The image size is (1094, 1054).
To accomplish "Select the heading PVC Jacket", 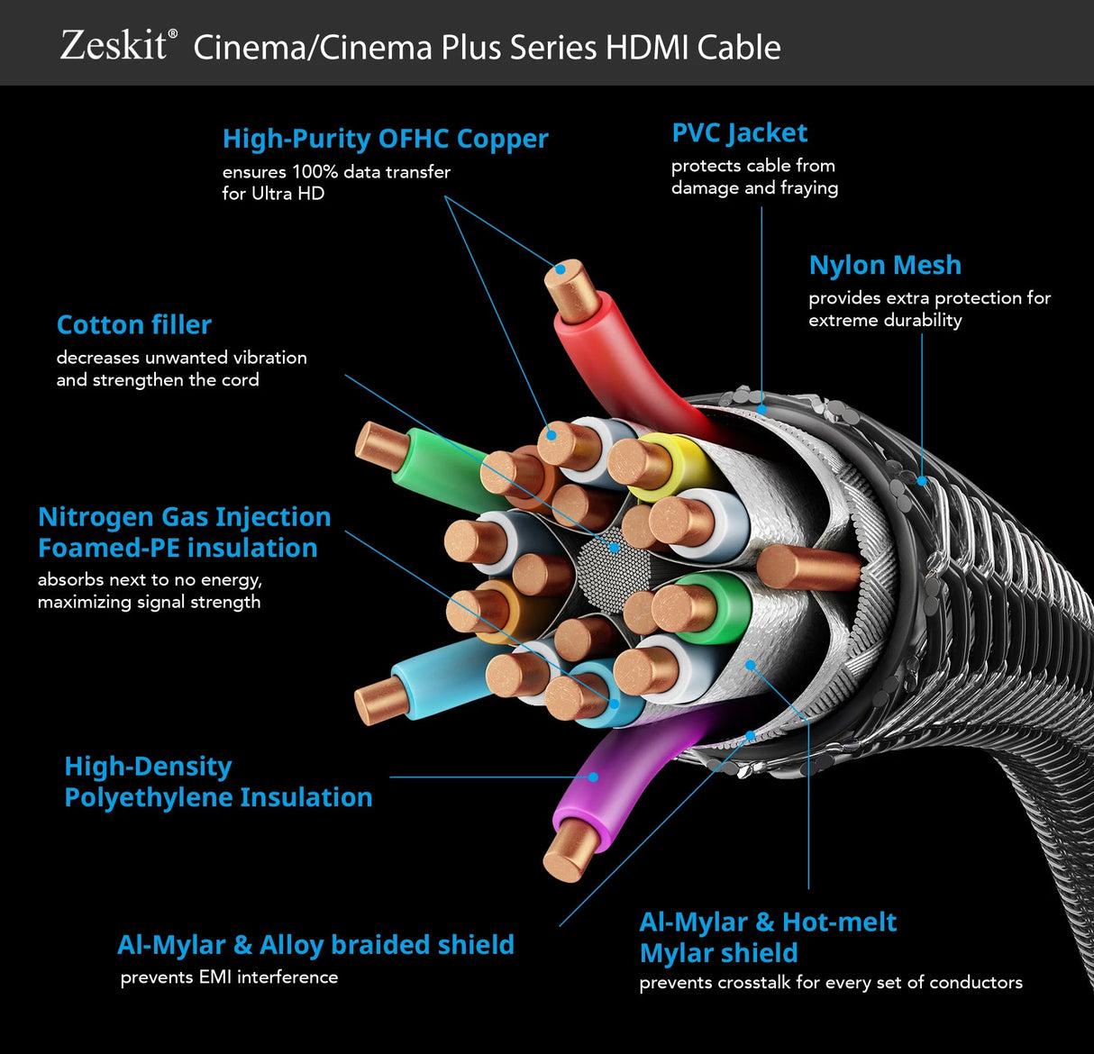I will [x=739, y=133].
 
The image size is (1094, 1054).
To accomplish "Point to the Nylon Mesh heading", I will [x=885, y=265].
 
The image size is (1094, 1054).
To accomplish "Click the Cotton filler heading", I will [x=134, y=324].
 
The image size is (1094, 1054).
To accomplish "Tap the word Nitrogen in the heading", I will [x=95, y=517].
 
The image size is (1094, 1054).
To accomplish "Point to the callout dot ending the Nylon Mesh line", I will [x=922, y=481].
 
